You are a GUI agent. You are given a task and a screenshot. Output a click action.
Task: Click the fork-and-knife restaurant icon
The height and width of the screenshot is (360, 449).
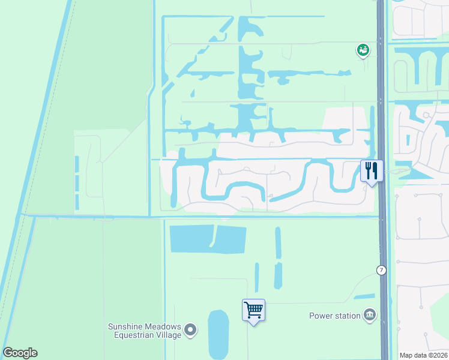pos(370,170)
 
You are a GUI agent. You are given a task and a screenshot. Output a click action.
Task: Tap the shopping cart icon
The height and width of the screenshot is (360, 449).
pos(253,310)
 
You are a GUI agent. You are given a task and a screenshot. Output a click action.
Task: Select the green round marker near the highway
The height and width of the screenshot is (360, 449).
pos(363,50)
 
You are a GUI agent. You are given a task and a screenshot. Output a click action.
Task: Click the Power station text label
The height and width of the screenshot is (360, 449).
pos(334,316)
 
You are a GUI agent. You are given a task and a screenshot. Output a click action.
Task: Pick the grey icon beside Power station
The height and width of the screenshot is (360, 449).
pos(369,316)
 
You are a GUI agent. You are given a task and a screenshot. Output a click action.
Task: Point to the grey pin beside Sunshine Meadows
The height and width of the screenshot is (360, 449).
pos(190,329)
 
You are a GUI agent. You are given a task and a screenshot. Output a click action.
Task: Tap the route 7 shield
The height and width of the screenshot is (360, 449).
pos(381,270)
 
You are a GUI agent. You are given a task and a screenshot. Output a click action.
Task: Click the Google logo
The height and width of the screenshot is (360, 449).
pos(20,353)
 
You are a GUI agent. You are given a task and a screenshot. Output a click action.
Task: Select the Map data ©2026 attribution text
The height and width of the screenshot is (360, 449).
pos(423,355)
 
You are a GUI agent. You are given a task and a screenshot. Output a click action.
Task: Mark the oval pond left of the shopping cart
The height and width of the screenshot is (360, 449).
pos(218,334)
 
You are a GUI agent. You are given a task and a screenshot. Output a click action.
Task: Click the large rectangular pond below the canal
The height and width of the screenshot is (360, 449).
pos(208,239)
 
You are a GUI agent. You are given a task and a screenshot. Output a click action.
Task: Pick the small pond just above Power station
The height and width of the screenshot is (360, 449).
pos(364,296)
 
